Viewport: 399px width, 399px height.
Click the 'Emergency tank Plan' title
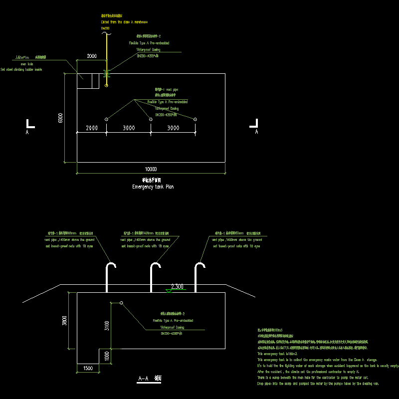(153, 187)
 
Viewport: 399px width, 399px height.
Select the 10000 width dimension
(151, 169)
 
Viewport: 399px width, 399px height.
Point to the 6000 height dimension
(60, 118)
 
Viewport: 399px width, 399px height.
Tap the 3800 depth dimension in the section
(63, 322)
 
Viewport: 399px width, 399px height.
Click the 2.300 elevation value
(177, 286)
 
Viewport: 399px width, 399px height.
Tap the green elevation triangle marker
(170, 291)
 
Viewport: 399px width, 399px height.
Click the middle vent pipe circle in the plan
(151, 119)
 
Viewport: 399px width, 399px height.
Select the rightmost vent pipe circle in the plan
(195, 119)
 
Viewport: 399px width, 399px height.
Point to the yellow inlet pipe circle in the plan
(107, 86)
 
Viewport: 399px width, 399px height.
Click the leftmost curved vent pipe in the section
(109, 274)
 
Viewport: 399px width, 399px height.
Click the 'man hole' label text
(26, 64)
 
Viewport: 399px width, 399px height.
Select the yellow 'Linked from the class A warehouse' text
(125, 22)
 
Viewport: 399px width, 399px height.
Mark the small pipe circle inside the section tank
(121, 303)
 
